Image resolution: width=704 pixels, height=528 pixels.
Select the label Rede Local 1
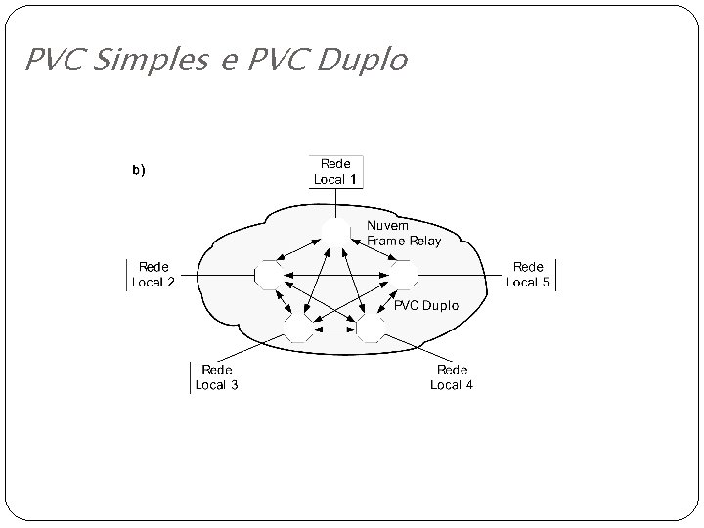coord(335,171)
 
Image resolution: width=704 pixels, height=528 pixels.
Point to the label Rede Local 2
coord(154,275)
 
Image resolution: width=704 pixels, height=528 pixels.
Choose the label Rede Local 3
coord(216,377)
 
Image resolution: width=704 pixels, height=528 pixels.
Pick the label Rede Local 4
coord(452,377)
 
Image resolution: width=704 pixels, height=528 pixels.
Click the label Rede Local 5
coord(528,275)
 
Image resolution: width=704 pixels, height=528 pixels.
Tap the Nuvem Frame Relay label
coord(403,233)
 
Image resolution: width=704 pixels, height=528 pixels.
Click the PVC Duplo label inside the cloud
coord(425,305)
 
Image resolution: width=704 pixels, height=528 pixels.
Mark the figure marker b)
coord(138,170)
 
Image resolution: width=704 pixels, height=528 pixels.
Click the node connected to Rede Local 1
coord(335,230)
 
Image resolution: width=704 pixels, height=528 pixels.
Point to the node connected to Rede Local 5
coord(403,276)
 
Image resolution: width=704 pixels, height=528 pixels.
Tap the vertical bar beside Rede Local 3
coord(190,377)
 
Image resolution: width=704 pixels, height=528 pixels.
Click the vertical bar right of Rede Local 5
coord(555,275)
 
